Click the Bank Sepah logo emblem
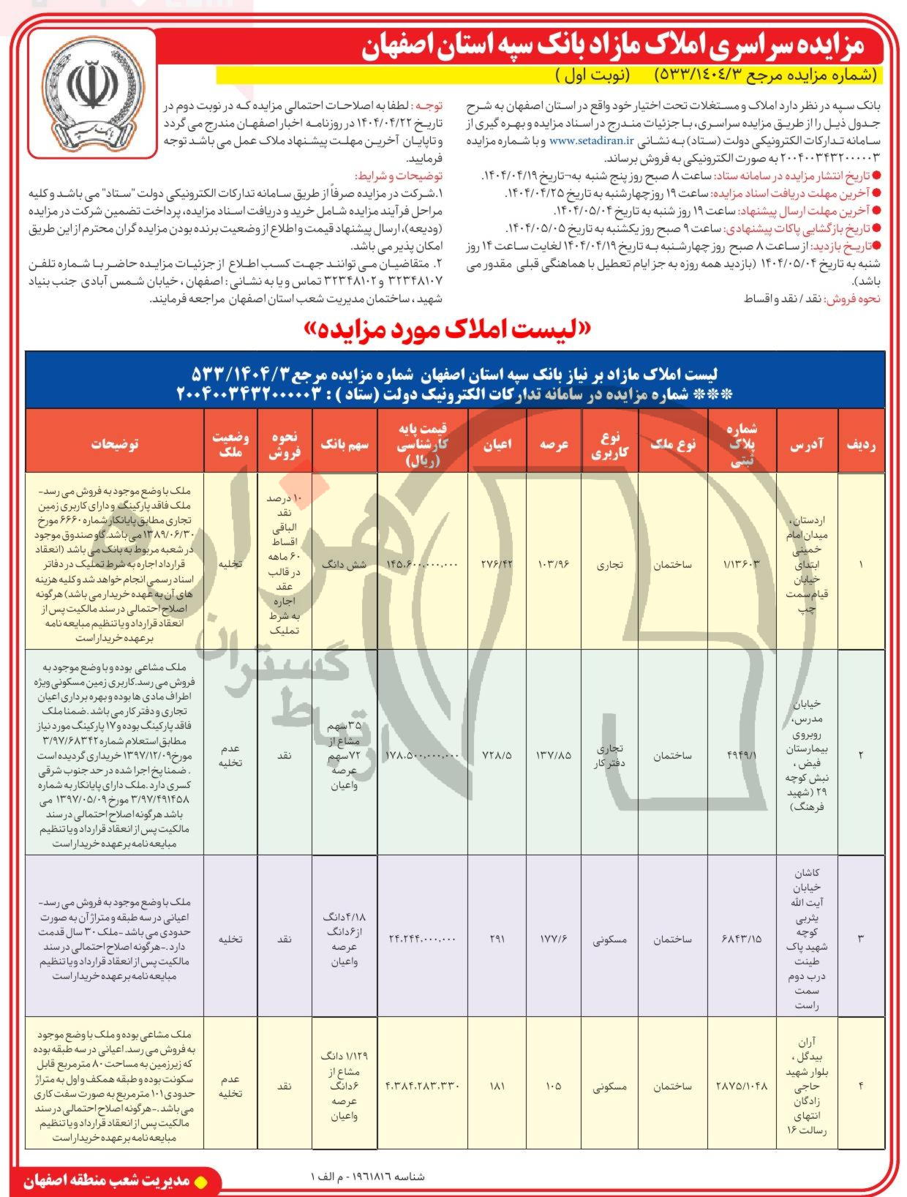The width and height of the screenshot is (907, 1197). (93, 93)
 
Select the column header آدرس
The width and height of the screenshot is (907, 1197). (807, 443)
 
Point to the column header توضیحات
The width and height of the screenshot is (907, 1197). (115, 443)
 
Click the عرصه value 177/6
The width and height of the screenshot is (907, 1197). (554, 938)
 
